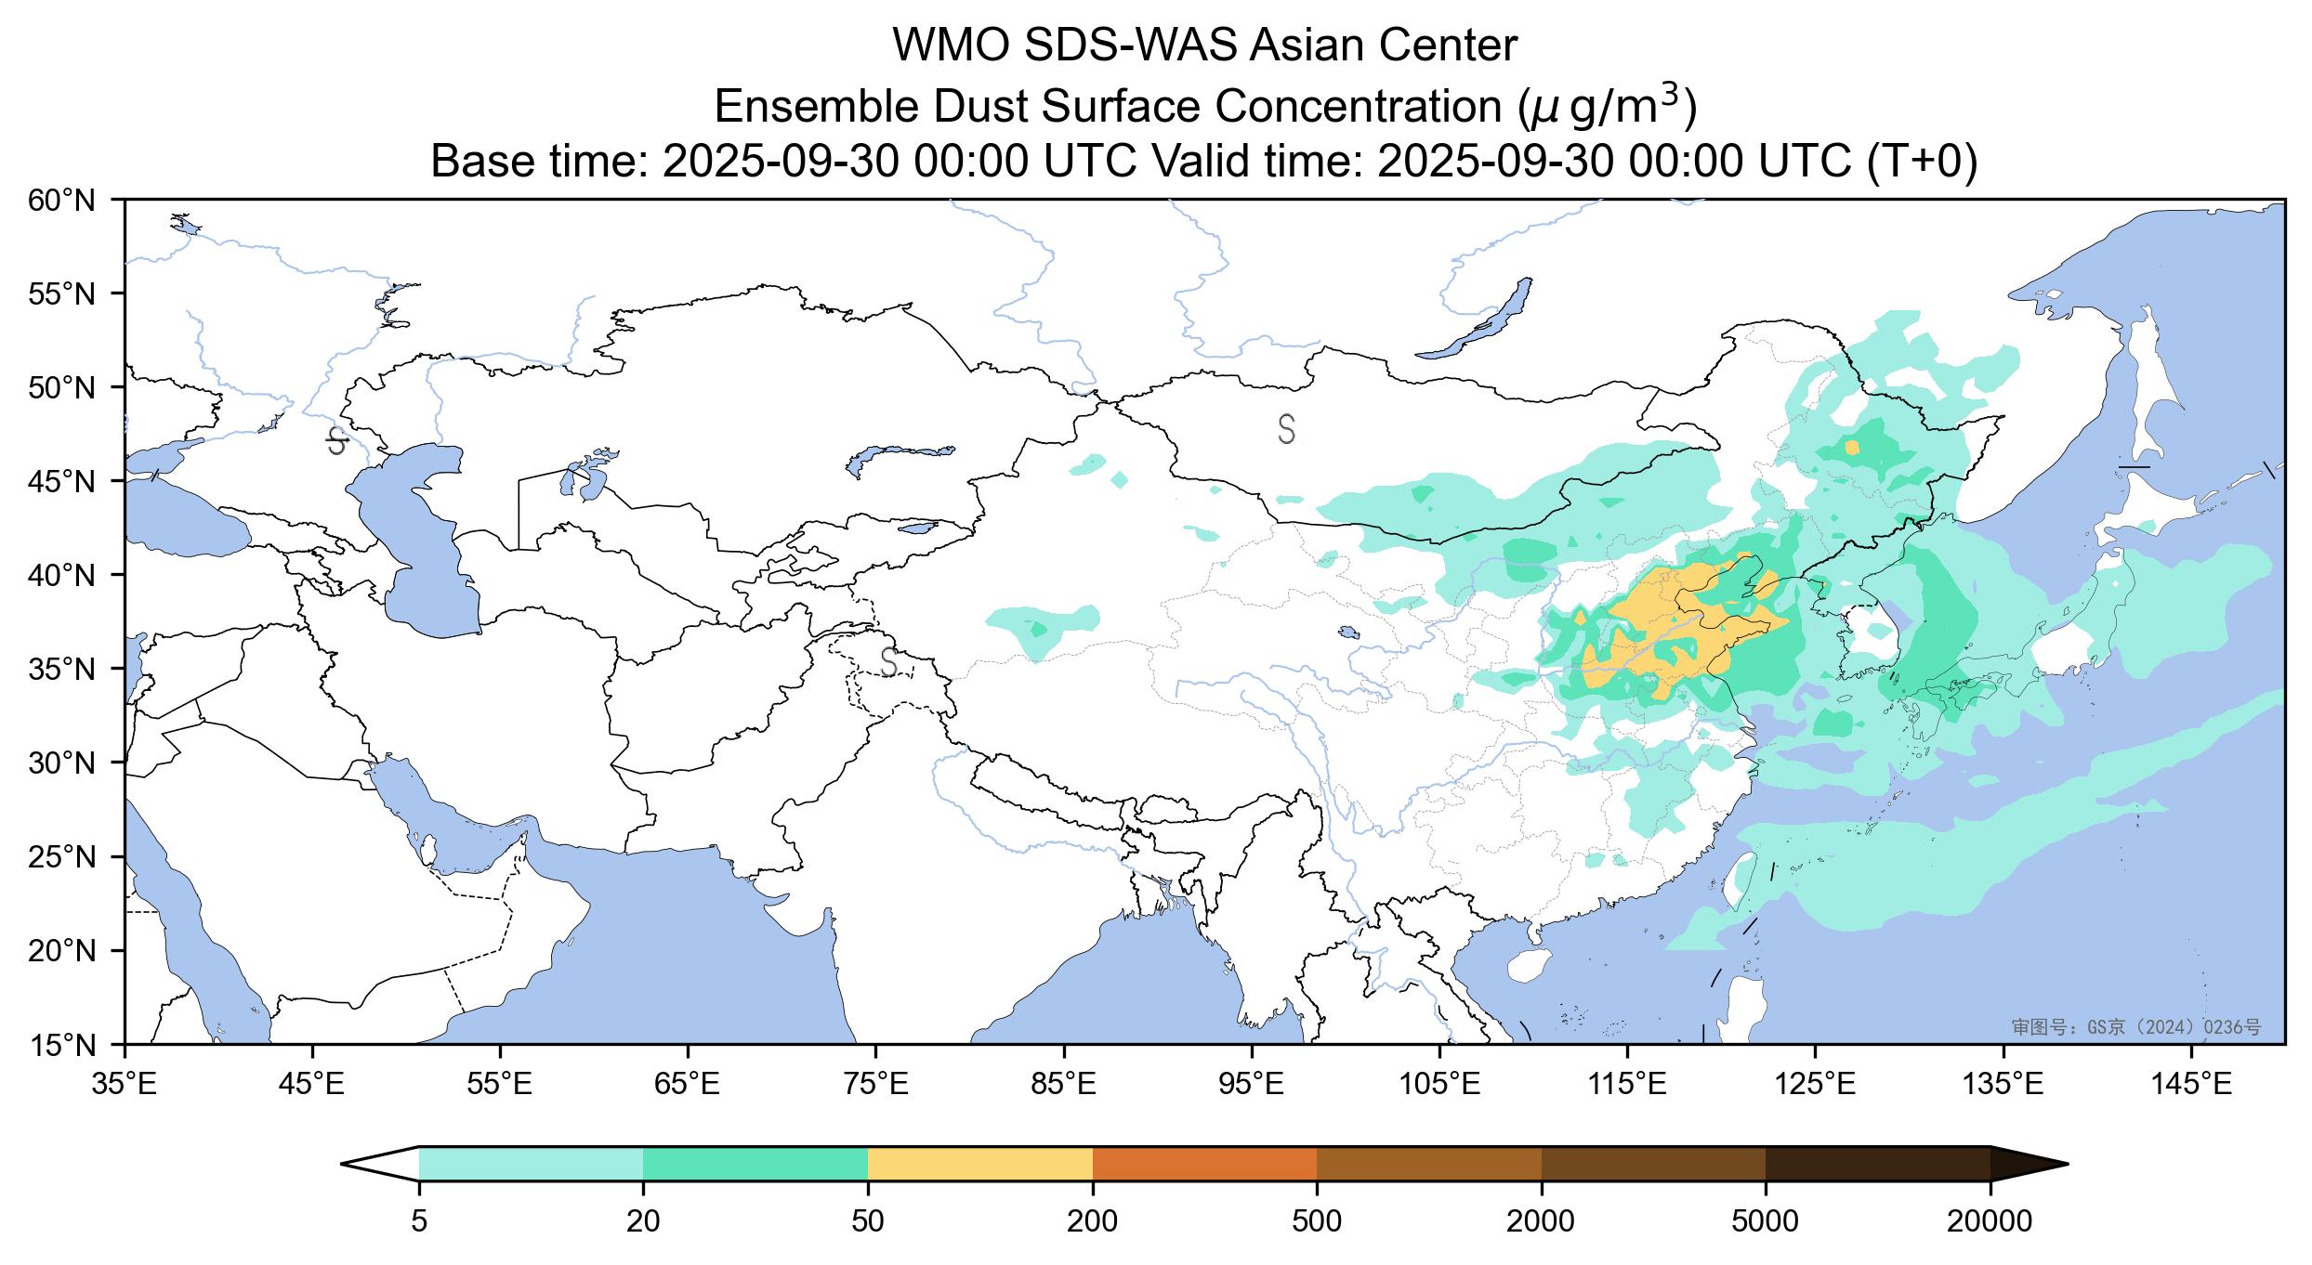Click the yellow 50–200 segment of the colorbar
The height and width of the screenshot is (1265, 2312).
979,1163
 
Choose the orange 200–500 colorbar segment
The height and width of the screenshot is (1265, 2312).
1204,1163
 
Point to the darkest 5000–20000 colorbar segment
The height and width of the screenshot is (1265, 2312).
1877,1163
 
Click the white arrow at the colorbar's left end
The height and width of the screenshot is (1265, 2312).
381,1163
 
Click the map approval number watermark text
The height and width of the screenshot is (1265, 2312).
2135,1026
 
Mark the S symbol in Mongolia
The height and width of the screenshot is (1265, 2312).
1286,429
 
